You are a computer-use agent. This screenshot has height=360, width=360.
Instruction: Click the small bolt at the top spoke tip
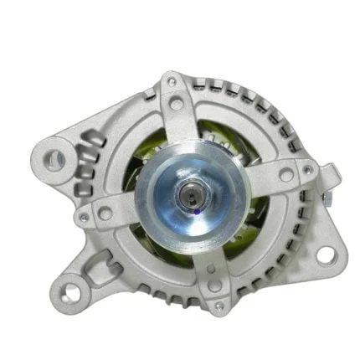(172, 81)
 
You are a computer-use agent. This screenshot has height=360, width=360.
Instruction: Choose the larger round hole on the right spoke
(285, 175)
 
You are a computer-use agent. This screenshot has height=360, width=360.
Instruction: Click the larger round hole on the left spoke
(106, 213)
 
